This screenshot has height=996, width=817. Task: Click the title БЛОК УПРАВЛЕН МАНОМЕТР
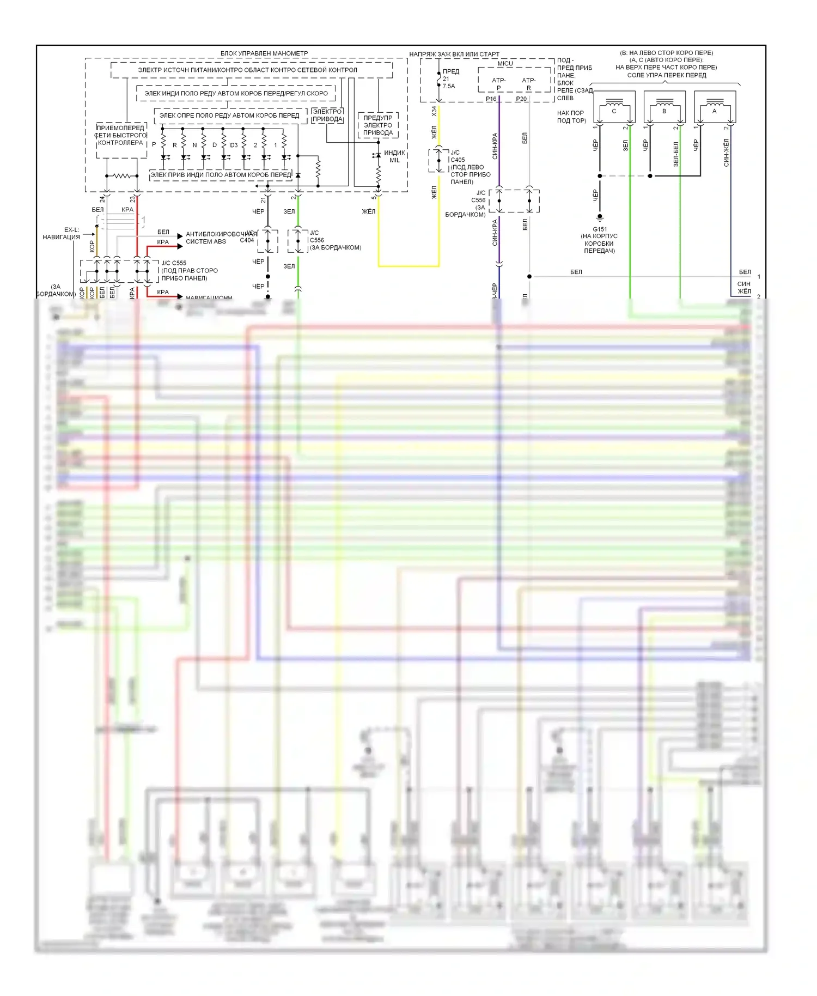264,53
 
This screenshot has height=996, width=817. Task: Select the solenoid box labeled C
614,107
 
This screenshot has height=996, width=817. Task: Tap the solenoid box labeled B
664,107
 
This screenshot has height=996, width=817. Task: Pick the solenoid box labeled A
715,107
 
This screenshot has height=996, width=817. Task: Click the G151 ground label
600,229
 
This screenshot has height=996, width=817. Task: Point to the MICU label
505,64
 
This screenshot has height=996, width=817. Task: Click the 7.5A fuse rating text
449,86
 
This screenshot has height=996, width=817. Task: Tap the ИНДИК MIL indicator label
394,156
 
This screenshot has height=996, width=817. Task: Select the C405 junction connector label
458,160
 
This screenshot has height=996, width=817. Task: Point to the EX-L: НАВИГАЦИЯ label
62,233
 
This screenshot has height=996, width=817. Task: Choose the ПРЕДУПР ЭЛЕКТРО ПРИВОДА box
378,125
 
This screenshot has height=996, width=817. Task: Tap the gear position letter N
194,145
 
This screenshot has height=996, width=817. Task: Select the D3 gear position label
234,145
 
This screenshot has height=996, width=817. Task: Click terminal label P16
491,99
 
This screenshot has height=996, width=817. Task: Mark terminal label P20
521,99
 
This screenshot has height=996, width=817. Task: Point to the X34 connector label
434,111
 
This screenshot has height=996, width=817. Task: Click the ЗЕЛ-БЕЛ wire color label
676,154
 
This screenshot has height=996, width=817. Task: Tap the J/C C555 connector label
174,263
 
